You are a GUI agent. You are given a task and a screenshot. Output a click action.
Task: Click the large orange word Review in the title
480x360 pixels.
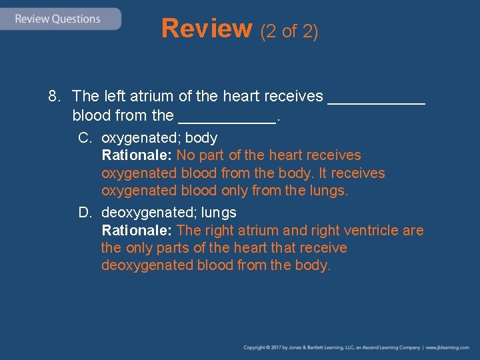(x=207, y=29)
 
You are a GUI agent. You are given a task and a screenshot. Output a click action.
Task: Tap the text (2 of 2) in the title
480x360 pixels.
(x=289, y=31)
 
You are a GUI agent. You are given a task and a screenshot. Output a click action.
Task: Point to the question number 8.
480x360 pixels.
(x=54, y=97)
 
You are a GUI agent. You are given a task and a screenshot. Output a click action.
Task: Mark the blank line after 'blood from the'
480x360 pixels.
(x=227, y=121)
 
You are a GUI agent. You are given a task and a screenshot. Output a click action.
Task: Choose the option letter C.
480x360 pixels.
(x=84, y=138)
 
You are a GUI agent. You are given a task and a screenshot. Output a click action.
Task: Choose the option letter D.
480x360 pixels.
(x=84, y=213)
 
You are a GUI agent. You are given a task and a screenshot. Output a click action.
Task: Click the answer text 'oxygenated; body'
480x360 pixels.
(x=159, y=138)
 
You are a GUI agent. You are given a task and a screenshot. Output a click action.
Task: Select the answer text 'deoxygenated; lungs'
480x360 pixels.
(x=169, y=213)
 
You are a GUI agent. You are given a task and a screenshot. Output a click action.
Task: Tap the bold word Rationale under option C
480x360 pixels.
(x=137, y=155)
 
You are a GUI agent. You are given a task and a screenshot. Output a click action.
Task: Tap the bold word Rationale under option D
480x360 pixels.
(x=137, y=231)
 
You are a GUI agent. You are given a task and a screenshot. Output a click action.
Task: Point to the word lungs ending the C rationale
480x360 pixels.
(x=329, y=191)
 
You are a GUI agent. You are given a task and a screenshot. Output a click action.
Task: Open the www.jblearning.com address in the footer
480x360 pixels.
(x=447, y=347)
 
